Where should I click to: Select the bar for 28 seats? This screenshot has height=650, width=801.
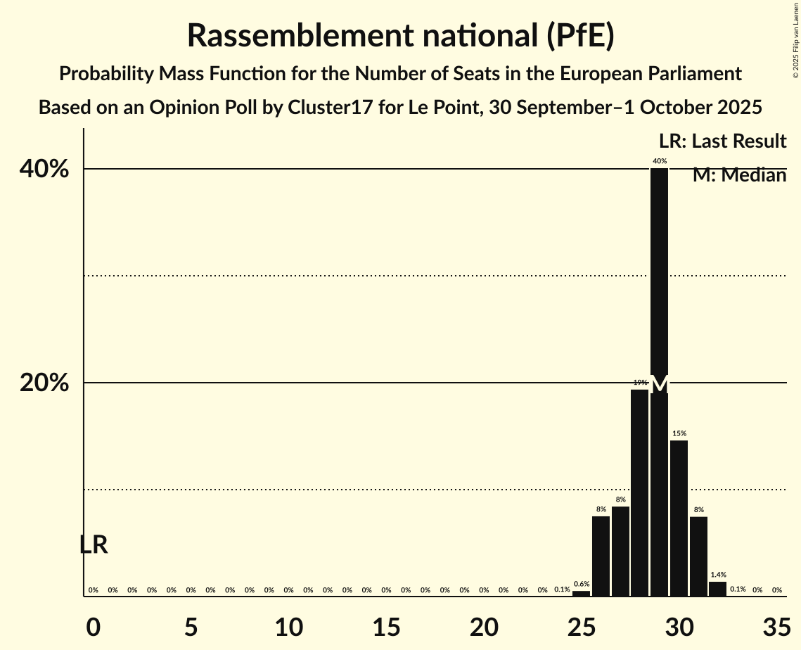point(639,492)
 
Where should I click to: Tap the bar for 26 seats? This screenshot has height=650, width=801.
point(601,556)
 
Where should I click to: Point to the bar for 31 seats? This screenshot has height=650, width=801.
point(698,556)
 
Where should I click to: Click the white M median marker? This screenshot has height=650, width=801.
point(659,385)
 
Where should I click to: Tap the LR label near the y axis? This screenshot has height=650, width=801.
point(94,544)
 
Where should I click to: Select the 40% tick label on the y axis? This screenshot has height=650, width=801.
point(48,170)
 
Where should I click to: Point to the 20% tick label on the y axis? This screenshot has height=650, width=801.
point(48,383)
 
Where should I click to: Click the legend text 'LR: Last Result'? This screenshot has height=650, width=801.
point(722,141)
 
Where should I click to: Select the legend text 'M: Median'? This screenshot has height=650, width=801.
point(739,175)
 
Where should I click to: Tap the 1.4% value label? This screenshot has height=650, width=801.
point(718,575)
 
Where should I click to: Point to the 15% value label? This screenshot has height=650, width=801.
point(679,434)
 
